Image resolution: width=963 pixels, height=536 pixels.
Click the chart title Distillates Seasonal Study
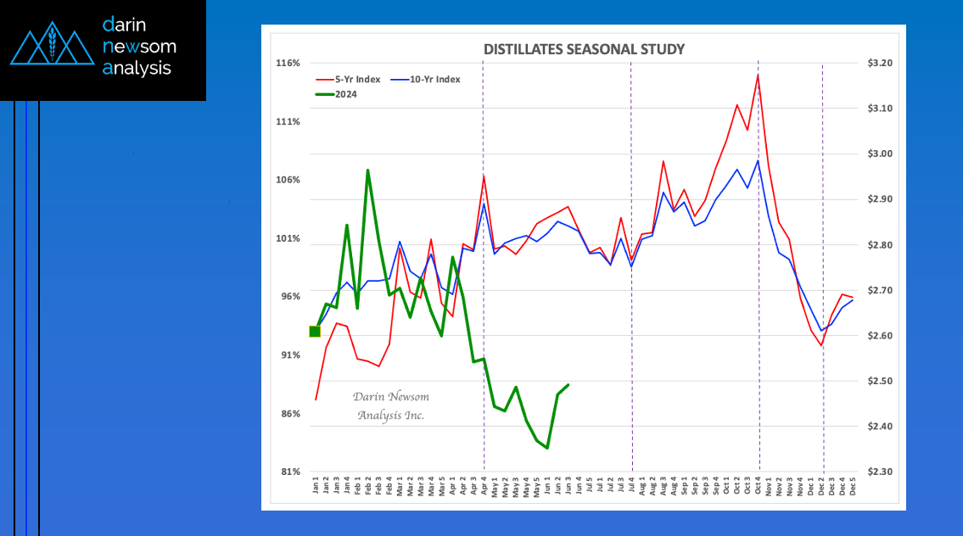tap(584, 49)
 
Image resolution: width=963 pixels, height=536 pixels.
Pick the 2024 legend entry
tap(345, 94)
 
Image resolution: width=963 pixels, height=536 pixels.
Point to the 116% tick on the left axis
tap(288, 64)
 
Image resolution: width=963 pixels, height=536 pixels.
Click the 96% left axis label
tap(289, 297)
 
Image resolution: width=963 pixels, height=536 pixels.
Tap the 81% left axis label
tap(289, 472)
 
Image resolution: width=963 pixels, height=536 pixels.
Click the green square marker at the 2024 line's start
tap(315, 331)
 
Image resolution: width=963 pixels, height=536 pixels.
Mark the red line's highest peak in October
tap(758, 75)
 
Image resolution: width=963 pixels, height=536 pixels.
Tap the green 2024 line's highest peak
tap(367, 170)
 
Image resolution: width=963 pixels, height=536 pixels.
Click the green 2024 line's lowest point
tap(547, 448)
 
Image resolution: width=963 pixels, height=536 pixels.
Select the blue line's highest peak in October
tap(758, 160)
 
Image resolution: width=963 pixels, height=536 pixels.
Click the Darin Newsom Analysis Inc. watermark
tap(391, 406)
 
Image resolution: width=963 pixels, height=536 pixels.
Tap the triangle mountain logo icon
tap(52, 46)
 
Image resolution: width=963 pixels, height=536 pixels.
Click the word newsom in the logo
tap(139, 46)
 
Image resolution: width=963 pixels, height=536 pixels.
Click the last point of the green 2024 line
tap(568, 385)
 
